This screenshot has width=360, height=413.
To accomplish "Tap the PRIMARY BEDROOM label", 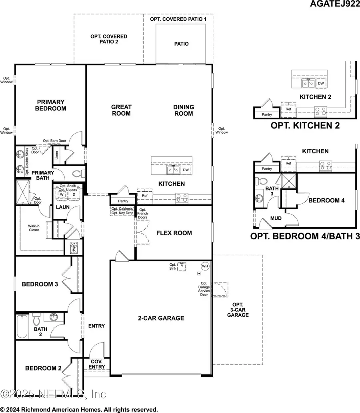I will click(x=50, y=105).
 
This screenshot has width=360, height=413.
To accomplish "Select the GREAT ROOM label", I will click(x=121, y=110).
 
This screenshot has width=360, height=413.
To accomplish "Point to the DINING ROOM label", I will click(x=184, y=110).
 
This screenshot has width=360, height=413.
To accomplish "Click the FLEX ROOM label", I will click(x=174, y=233).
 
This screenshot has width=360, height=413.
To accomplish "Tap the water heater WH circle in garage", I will click(x=205, y=266).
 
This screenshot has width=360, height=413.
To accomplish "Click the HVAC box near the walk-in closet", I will click(x=73, y=246).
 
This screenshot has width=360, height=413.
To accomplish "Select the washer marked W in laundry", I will click(x=62, y=194).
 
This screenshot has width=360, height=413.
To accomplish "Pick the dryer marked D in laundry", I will click(x=74, y=194).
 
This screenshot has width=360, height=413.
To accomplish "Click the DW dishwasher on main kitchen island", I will click(x=185, y=170).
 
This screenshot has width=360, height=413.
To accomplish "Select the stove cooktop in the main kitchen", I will click(x=182, y=197).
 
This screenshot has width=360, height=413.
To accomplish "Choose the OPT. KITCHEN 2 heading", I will click(x=305, y=125).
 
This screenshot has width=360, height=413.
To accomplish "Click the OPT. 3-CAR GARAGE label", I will click(x=238, y=310).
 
